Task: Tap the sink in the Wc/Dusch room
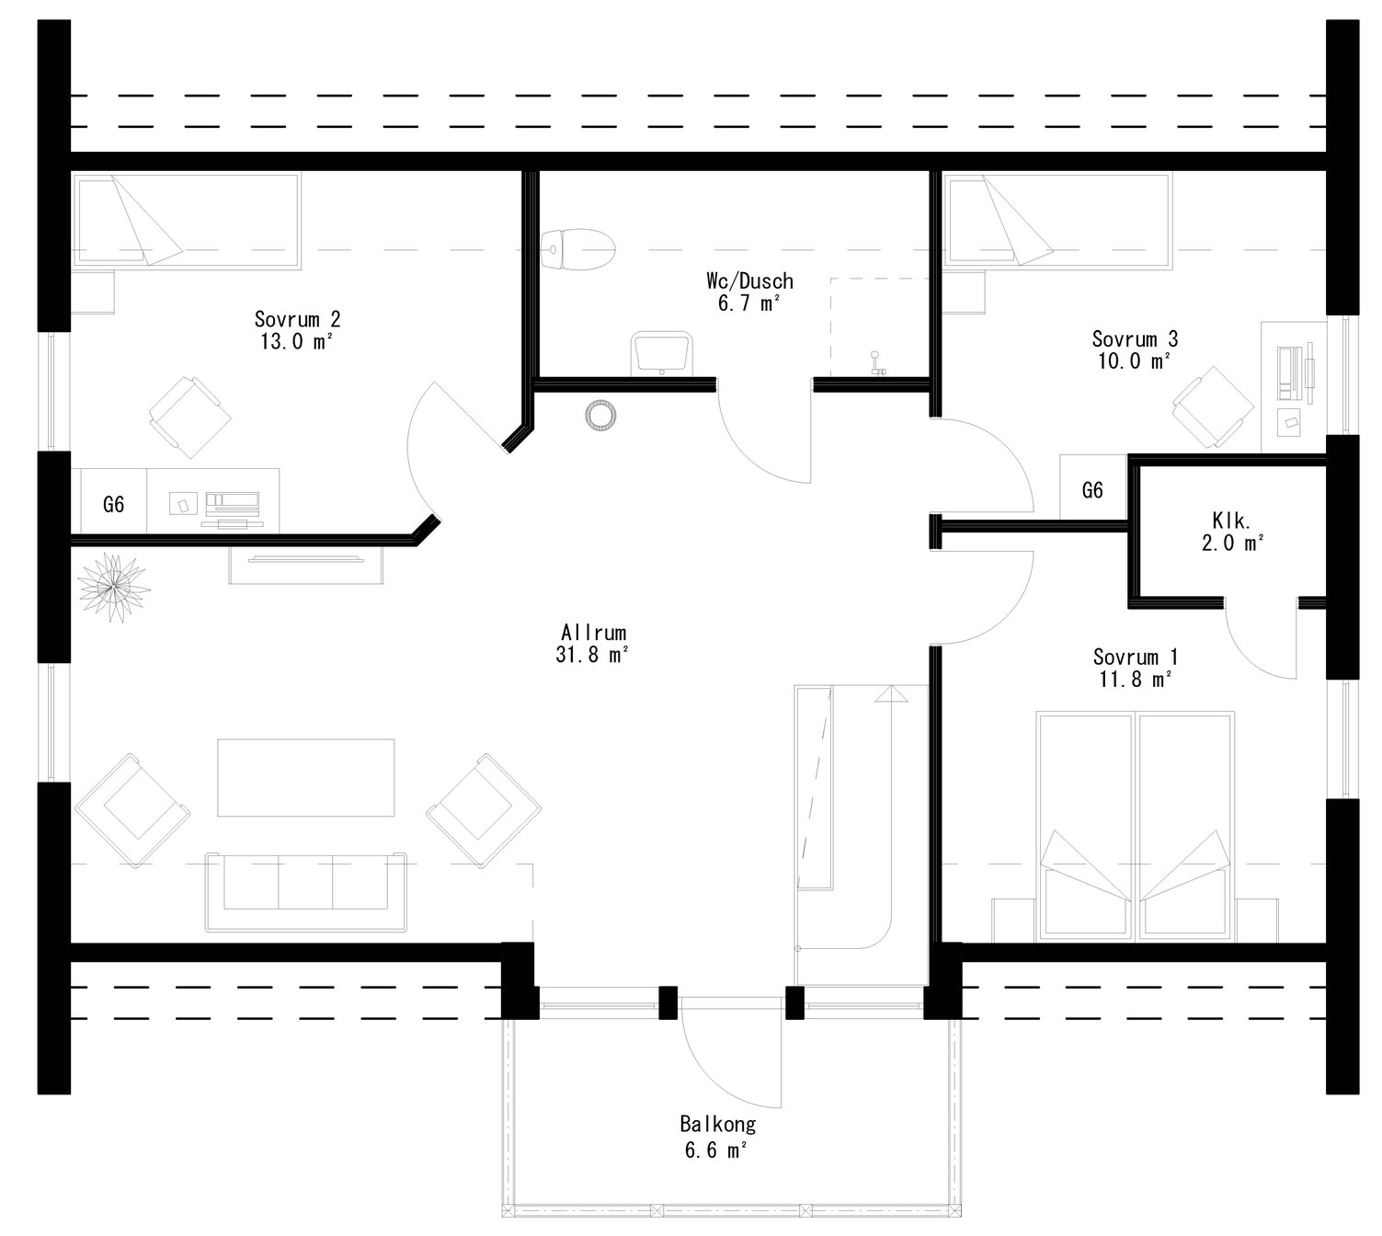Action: pos(661,353)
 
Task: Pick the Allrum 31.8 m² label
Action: pos(594,643)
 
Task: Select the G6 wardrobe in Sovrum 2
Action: pos(113,504)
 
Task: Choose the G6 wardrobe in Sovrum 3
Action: pos(1092,489)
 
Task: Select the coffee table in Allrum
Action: pos(305,777)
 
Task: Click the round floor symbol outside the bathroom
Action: pos(602,415)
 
